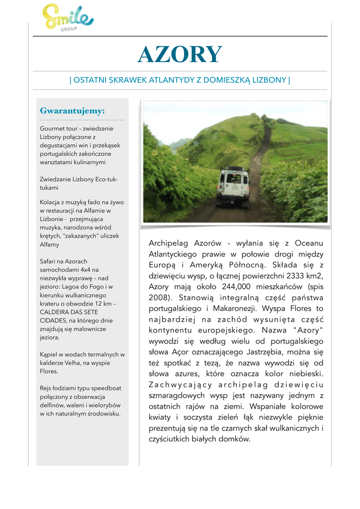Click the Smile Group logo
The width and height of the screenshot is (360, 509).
coord(68,19)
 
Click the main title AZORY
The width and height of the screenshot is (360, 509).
coord(180,55)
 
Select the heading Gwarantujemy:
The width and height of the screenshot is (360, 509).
coord(72,111)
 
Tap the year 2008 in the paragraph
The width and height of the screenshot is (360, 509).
coord(160,298)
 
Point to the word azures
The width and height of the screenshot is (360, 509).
coord(181,374)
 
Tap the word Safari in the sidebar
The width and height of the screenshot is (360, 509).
coord(49,261)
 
